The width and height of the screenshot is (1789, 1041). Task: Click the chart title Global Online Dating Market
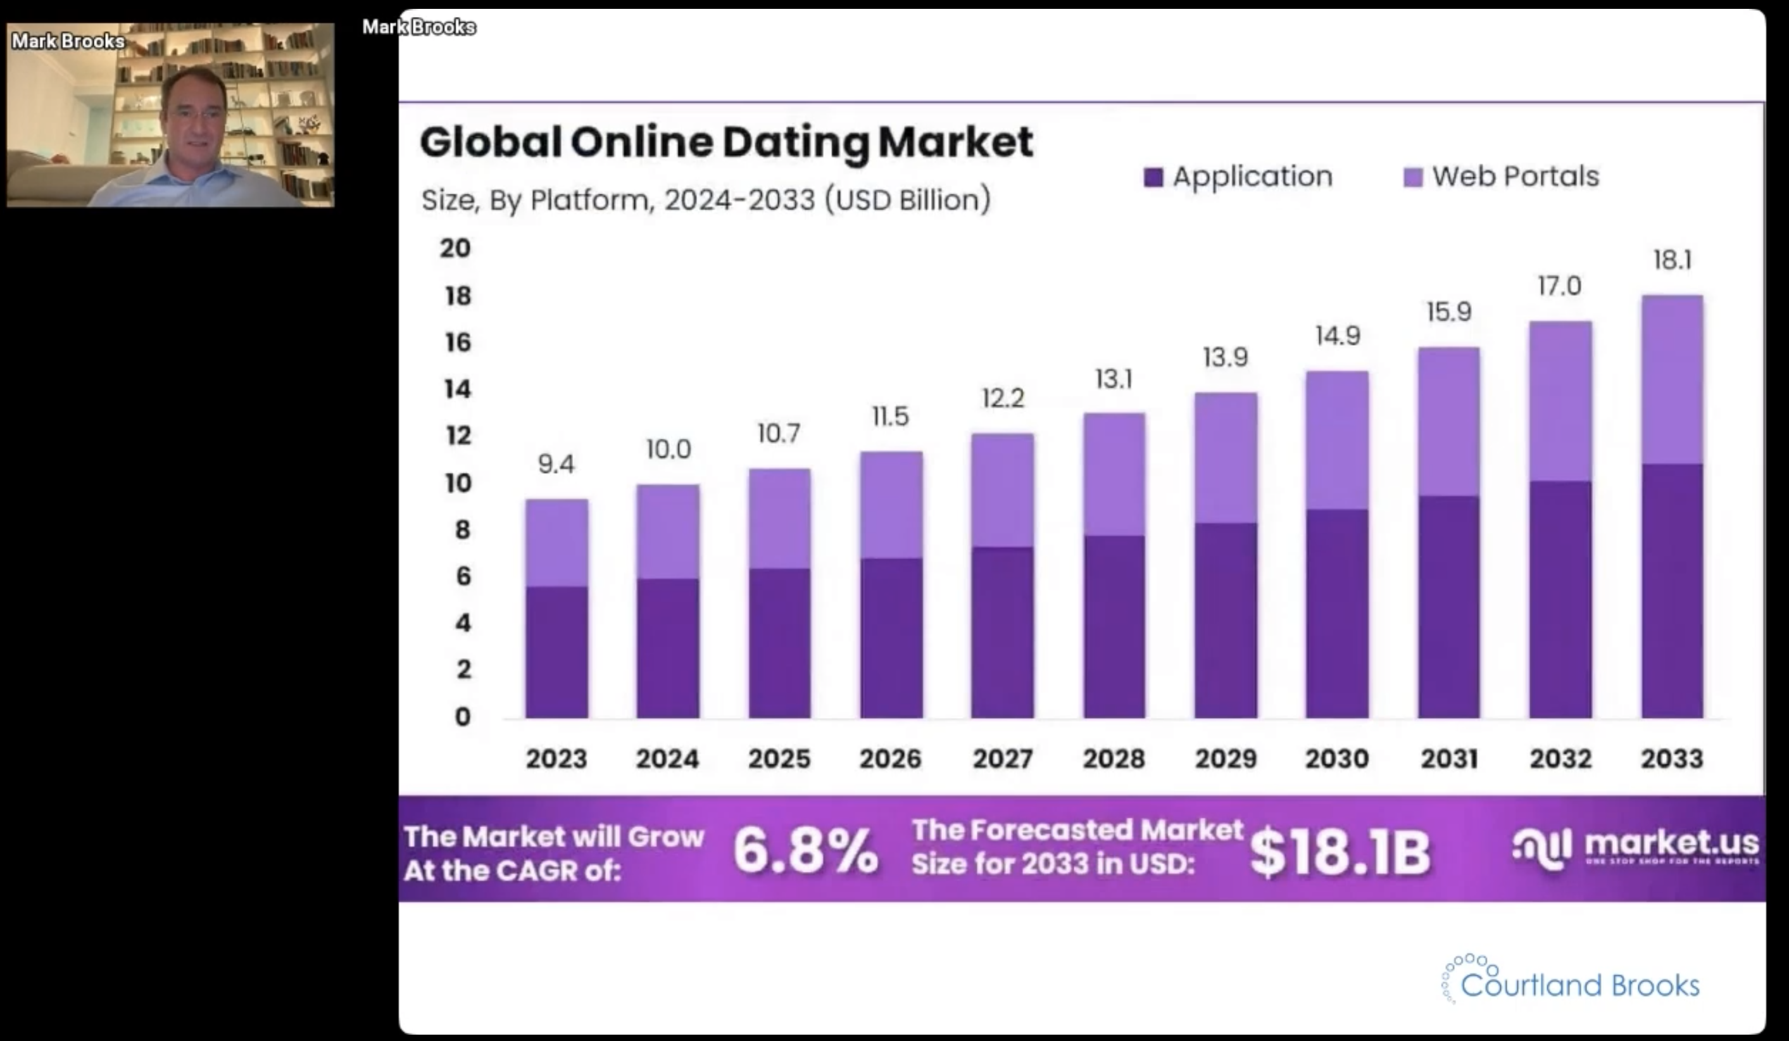coord(725,142)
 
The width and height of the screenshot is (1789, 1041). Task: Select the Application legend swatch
coord(1153,177)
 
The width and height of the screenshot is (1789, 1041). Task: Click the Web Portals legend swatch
coord(1413,177)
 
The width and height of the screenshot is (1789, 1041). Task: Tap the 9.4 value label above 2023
coord(556,464)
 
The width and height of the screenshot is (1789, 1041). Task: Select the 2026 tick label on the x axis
coord(890,759)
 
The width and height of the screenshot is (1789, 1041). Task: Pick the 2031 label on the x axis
coord(1449,759)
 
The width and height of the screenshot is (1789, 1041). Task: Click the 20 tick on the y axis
coord(455,248)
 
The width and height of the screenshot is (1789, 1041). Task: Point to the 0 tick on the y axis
coord(463,717)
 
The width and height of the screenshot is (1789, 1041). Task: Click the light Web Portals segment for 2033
coord(1672,380)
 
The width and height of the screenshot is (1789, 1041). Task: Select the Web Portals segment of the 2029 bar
coord(1226,458)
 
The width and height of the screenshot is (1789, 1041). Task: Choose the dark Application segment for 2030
coord(1337,614)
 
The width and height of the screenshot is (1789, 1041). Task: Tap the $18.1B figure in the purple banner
coord(1340,852)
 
